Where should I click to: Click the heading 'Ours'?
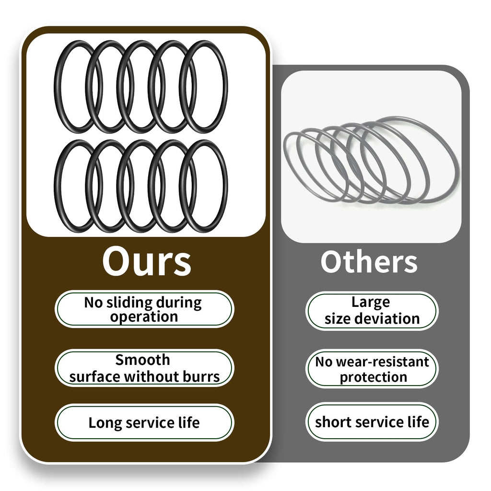click(x=147, y=261)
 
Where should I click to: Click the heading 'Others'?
click(x=369, y=262)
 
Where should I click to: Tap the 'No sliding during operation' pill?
click(x=144, y=309)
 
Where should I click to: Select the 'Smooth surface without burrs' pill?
click(x=144, y=368)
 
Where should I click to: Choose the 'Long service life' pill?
click(x=144, y=422)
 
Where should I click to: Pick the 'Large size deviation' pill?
click(x=372, y=311)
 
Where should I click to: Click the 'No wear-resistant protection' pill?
click(x=372, y=369)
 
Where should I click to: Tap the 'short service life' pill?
click(x=372, y=422)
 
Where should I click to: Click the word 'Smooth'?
click(x=143, y=360)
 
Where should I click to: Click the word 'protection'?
click(x=373, y=377)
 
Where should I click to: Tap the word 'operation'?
click(x=144, y=317)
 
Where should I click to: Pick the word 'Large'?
click(x=371, y=303)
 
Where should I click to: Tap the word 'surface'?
click(x=95, y=377)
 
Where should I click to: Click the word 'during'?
click(x=179, y=303)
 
